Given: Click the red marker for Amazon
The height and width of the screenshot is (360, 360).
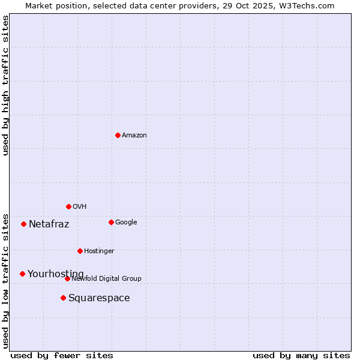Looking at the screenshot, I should (118, 135).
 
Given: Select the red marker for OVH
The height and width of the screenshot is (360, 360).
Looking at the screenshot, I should (68, 206).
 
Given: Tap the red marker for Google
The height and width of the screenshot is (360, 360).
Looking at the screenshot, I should (111, 222).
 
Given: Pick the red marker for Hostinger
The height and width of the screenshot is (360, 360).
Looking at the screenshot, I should (80, 251).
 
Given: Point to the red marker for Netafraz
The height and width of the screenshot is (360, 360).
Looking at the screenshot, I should (23, 224).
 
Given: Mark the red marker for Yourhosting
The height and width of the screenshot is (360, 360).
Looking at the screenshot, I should (22, 274).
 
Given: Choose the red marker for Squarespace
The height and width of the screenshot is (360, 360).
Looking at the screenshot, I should (63, 298).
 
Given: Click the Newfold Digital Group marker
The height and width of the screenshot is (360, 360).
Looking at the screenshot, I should (67, 278).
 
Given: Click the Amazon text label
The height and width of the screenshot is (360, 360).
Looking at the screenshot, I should (134, 136).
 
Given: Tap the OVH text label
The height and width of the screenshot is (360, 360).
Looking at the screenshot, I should (80, 207).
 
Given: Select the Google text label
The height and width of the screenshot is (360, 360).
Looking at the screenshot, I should (126, 223).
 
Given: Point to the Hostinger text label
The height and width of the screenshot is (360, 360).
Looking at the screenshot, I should (99, 251).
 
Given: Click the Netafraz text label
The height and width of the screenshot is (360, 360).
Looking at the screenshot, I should (49, 224).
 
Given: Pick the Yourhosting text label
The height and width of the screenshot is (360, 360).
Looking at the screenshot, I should (56, 274).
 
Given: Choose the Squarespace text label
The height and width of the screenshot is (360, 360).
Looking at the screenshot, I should (99, 298).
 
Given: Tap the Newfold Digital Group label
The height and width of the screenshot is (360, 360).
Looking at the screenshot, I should (106, 279).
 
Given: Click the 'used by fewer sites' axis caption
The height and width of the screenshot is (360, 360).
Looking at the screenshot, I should (62, 355).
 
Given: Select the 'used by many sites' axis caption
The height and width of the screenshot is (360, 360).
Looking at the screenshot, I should (301, 355).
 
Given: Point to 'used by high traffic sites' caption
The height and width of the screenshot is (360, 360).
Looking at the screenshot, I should (5, 86).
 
